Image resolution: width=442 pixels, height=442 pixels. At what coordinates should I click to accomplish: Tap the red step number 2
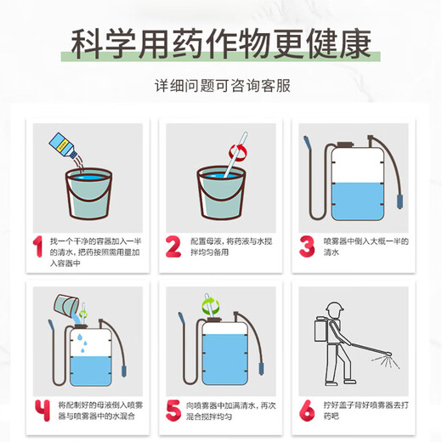[173, 246]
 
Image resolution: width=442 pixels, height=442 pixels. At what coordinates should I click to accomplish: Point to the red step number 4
[39, 409]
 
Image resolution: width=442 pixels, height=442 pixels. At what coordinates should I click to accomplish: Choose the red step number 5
[173, 409]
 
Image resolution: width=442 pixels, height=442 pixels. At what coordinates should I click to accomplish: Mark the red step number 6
[307, 409]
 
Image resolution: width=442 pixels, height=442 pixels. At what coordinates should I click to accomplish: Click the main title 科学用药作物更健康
[221, 43]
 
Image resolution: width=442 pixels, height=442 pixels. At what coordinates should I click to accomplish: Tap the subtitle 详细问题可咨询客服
[221, 88]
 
